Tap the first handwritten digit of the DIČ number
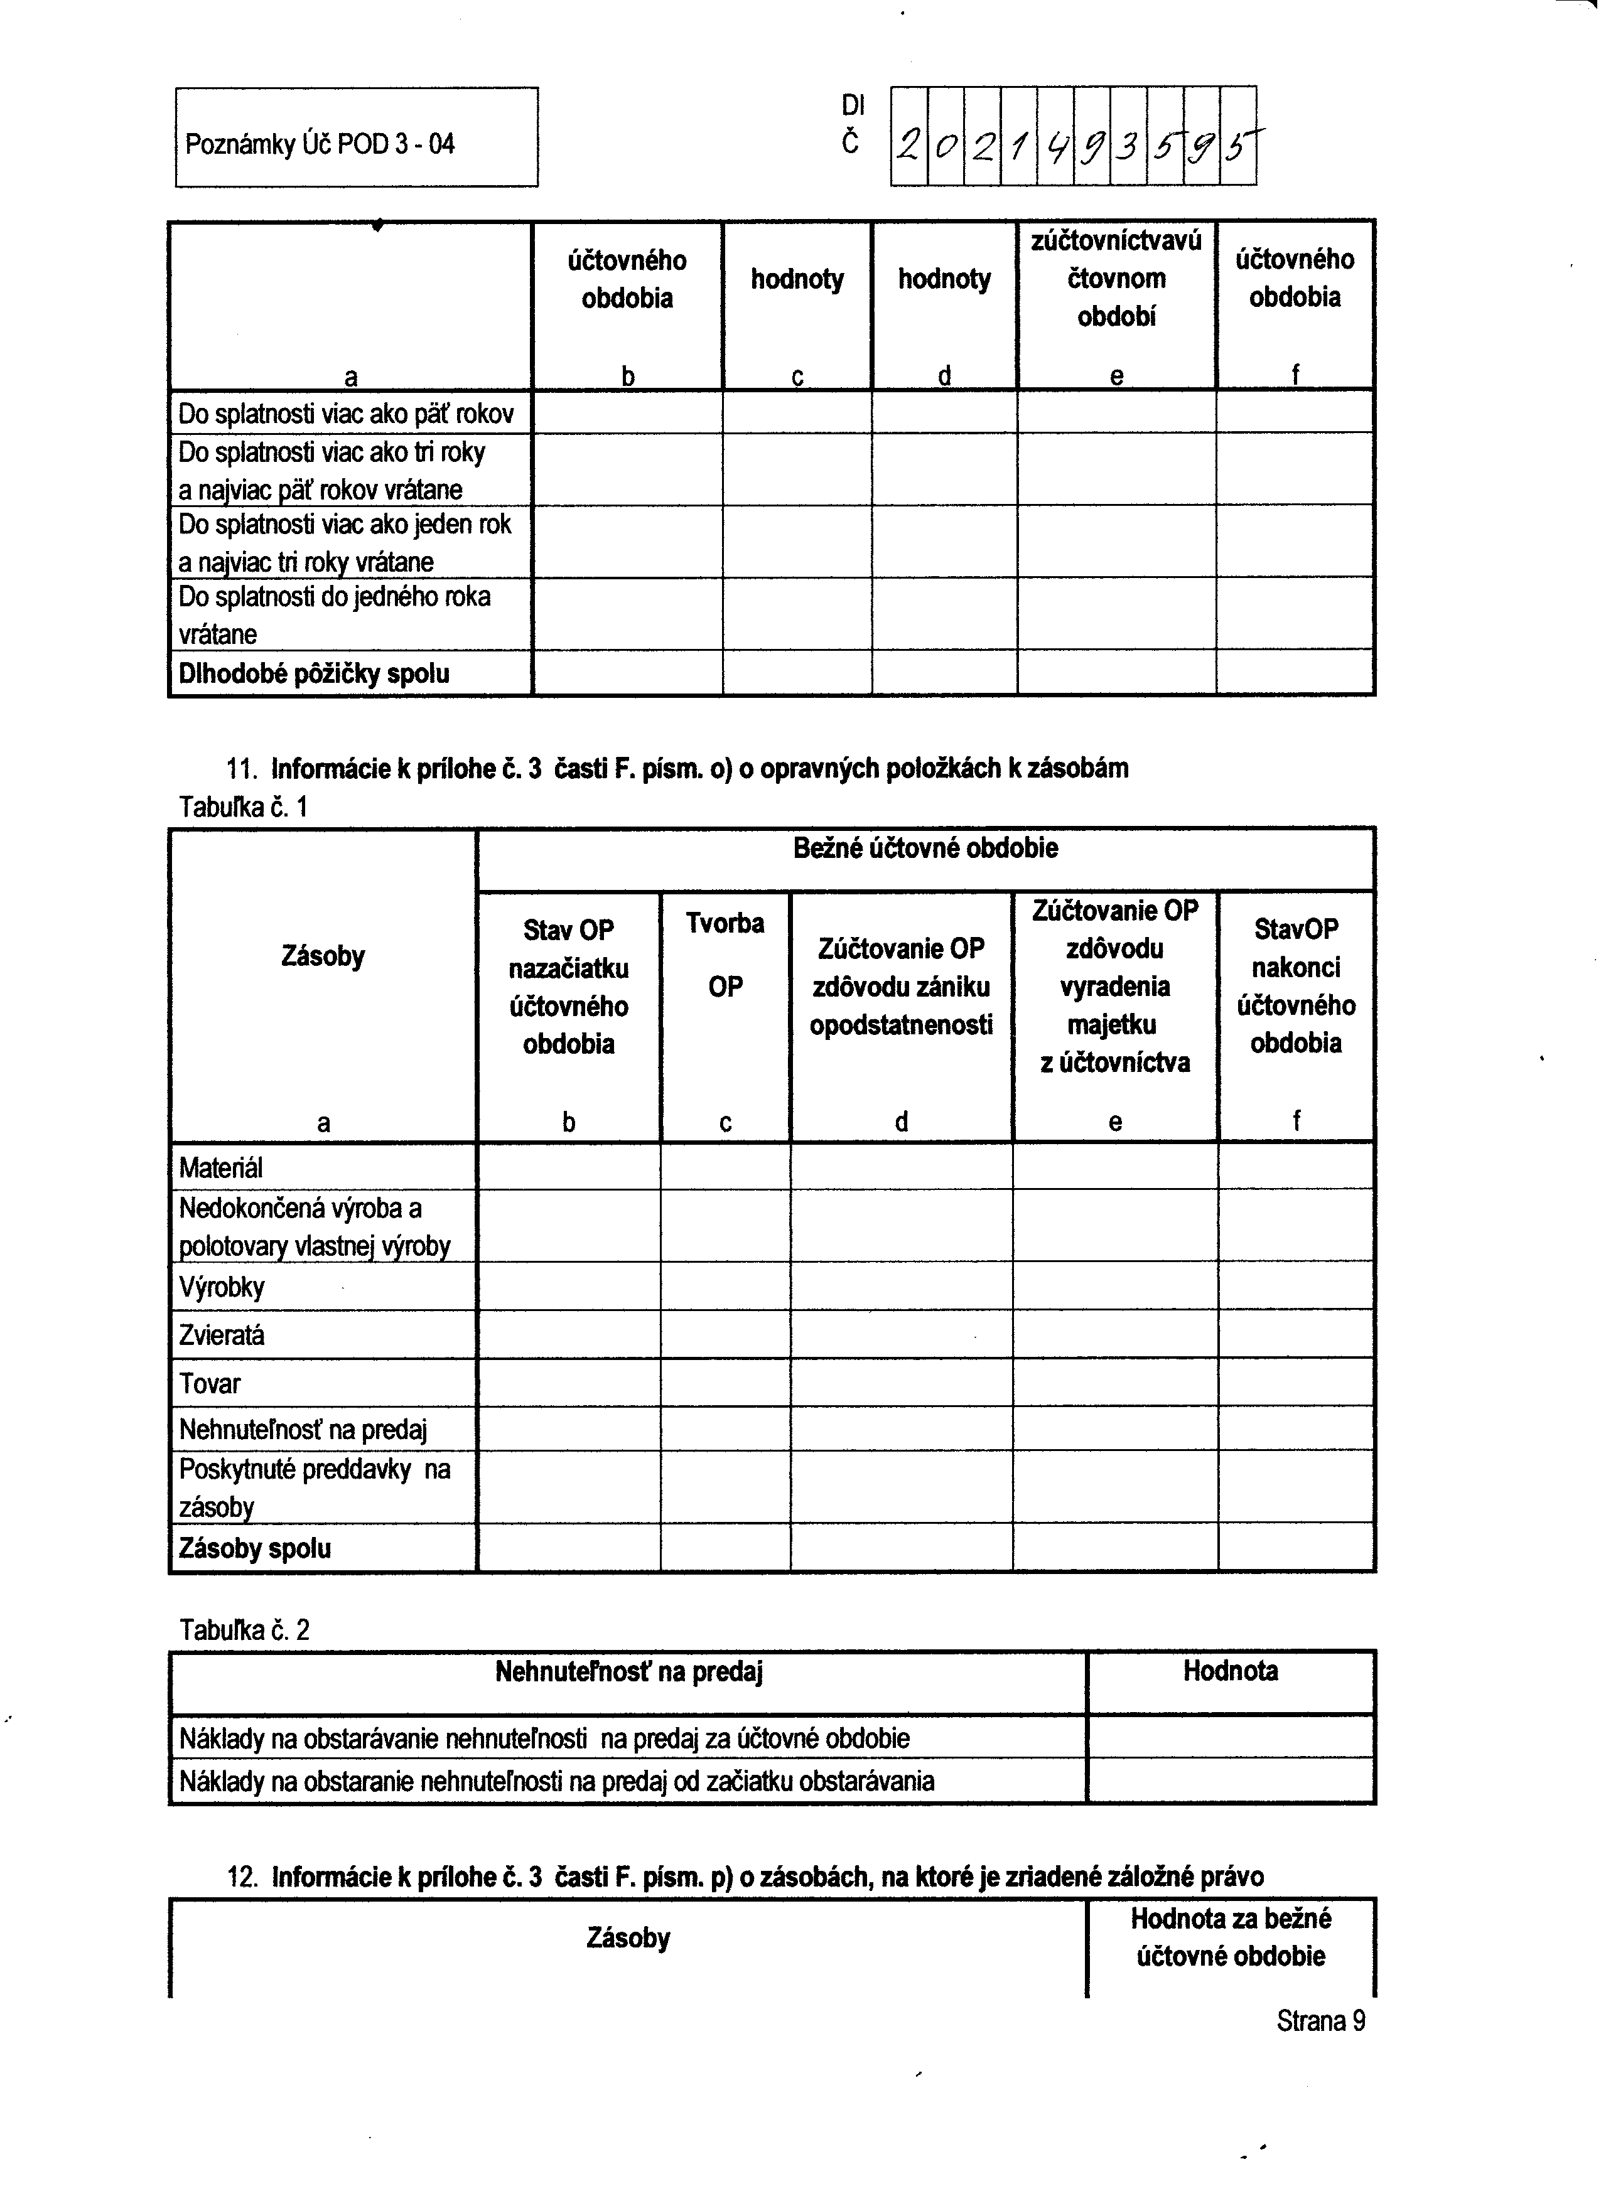point(908,146)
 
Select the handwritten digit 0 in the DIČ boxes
point(945,146)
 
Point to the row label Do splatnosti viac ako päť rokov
point(346,414)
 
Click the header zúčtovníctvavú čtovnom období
point(1116,279)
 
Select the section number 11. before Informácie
point(242,769)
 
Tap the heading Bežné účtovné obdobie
point(925,848)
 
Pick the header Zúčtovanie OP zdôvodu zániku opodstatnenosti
point(901,986)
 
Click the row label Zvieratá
point(222,1336)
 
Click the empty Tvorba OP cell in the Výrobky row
point(725,1287)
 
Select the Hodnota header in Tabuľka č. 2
point(1230,1671)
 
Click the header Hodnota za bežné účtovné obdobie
point(1230,1937)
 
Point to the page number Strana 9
point(1320,2020)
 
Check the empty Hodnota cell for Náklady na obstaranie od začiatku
point(1230,1782)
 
